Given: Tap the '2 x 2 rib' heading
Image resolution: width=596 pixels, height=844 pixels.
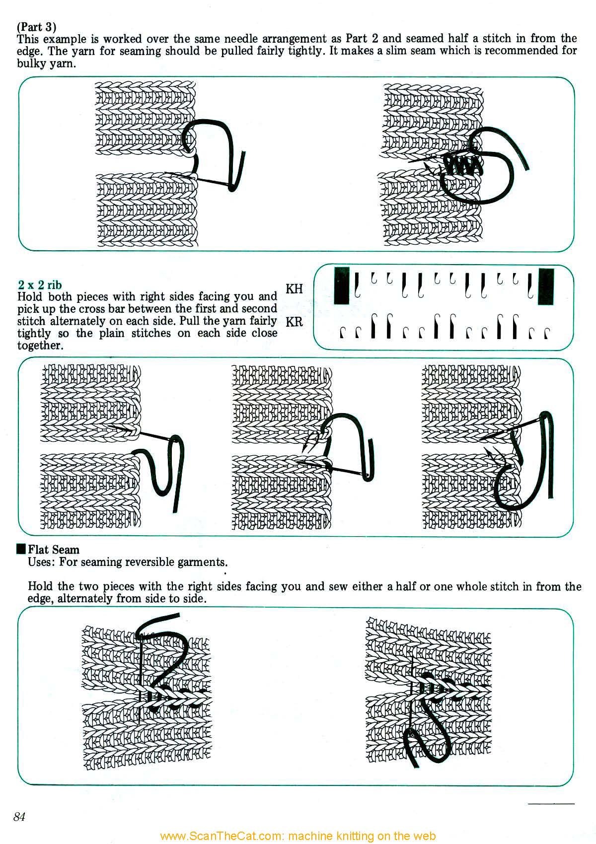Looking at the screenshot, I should click(40, 284).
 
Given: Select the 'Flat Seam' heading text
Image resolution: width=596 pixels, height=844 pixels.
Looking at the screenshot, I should click(54, 550).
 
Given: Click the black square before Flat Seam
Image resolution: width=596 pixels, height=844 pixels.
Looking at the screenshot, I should click(21, 549).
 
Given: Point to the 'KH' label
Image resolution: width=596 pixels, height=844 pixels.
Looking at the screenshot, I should click(295, 289).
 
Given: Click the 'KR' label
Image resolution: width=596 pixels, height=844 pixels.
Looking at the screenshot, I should click(295, 322).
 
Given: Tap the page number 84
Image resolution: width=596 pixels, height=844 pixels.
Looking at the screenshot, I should click(20, 817).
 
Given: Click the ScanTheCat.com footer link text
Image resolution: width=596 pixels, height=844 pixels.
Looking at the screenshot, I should click(298, 836).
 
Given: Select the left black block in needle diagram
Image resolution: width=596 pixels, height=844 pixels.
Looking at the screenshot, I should click(341, 285).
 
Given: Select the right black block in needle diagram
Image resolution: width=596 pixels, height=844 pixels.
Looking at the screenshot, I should click(546, 286).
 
